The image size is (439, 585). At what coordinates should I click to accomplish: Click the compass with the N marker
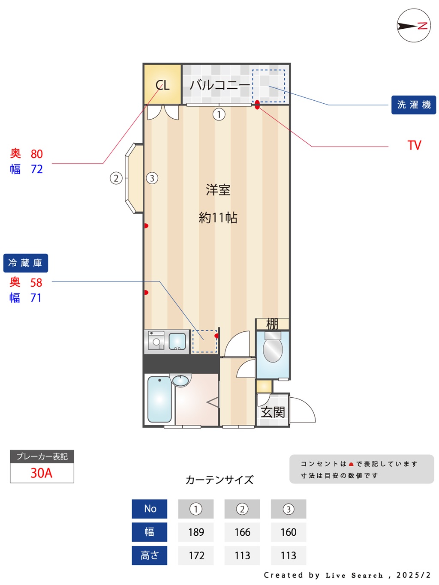[413, 26]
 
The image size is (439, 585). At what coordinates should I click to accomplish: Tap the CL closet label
[162, 85]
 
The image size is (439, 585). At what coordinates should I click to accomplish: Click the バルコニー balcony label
[219, 85]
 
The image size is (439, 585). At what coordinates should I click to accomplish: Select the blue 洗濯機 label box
[413, 105]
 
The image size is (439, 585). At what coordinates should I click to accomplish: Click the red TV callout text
[414, 146]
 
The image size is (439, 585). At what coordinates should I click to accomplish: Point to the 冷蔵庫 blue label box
[26, 263]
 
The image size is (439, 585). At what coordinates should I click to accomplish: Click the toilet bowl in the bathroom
[273, 348]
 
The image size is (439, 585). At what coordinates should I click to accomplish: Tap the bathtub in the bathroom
[159, 399]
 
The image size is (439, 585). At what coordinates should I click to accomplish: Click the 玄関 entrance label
[273, 412]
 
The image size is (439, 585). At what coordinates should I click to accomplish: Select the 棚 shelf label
[272, 324]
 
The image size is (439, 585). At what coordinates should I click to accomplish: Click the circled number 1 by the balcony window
[219, 114]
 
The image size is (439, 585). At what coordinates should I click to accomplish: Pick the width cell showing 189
[196, 532]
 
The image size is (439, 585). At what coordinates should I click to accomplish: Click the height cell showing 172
[196, 555]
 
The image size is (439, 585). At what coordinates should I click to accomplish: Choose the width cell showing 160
[289, 532]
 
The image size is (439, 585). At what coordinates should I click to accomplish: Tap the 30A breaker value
[41, 473]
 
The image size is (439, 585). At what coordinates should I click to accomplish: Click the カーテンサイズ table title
[219, 480]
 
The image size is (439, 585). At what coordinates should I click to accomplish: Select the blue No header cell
[150, 509]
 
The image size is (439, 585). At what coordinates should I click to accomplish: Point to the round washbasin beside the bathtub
[180, 380]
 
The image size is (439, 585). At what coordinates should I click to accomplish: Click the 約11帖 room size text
[218, 218]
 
